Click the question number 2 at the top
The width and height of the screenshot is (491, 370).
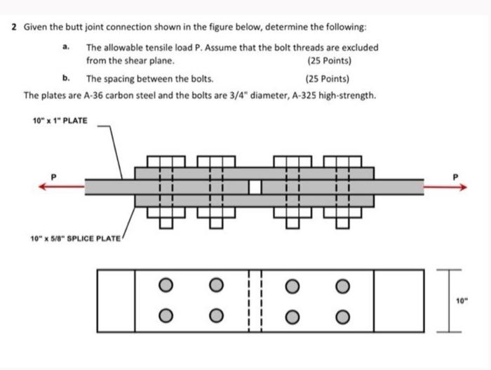tap(14, 28)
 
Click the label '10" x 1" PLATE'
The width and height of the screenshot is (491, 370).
tap(60, 121)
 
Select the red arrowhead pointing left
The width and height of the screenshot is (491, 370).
tap(43, 186)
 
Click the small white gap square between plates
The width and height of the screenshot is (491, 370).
tap(255, 187)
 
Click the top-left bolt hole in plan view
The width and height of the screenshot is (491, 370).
tap(164, 284)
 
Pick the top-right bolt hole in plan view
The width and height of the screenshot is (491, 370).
tap(342, 284)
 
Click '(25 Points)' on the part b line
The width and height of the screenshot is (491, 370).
tap(328, 79)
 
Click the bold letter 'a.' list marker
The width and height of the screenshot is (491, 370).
tap(65, 47)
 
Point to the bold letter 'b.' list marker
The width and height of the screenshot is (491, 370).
tap(65, 79)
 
